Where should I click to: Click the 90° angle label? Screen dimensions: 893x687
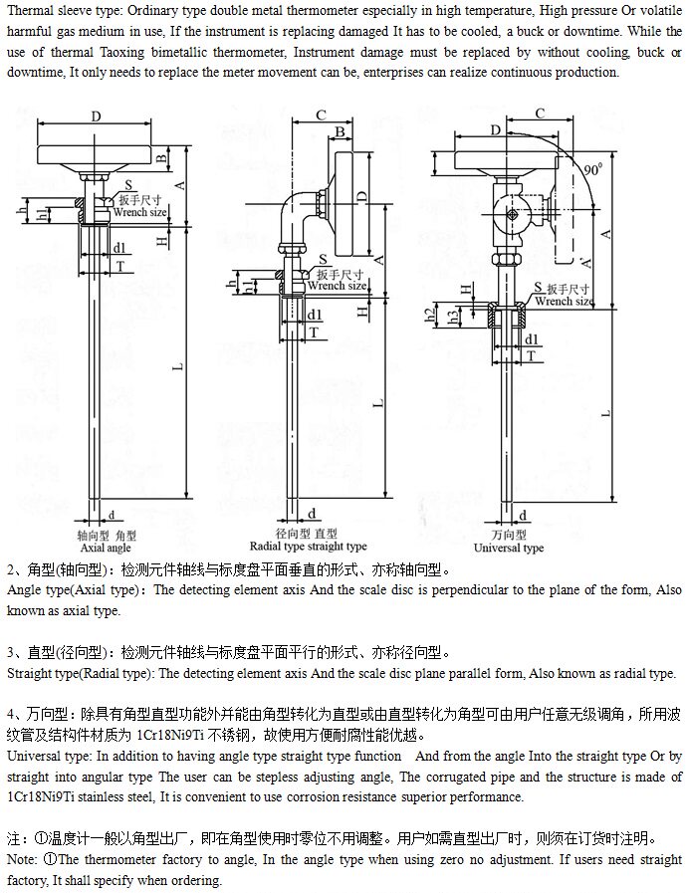[x=593, y=170]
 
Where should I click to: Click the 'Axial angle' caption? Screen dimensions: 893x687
[x=106, y=548]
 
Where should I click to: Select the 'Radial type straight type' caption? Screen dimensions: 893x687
[x=308, y=547]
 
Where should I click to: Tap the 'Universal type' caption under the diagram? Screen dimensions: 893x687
[x=508, y=548]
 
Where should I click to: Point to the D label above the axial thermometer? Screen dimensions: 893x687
[x=96, y=116]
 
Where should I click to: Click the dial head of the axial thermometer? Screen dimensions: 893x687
[x=96, y=152]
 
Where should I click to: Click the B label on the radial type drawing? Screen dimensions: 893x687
[x=341, y=131]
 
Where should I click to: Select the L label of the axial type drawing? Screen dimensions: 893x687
[x=180, y=367]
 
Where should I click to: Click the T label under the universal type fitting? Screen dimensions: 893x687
[x=531, y=354]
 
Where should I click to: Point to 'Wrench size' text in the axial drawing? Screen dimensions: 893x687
[x=139, y=212]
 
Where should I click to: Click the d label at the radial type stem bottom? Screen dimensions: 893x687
[x=313, y=513]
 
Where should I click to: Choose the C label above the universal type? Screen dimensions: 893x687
[x=539, y=113]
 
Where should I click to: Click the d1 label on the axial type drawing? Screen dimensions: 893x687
[x=118, y=247]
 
